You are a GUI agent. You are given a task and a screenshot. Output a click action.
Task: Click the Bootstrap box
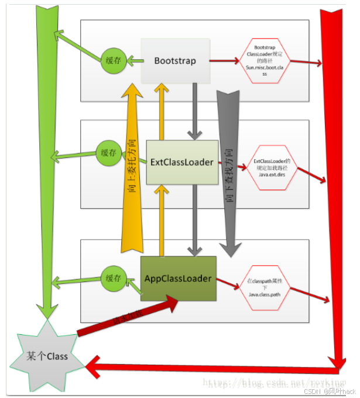tap(175, 61)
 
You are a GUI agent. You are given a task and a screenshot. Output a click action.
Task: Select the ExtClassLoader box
tap(182, 162)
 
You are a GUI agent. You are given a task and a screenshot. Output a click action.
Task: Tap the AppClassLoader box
tap(178, 278)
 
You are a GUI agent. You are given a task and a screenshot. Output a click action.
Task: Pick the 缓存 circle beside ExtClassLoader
tap(109, 153)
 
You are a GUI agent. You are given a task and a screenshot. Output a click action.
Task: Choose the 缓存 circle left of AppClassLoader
tap(113, 278)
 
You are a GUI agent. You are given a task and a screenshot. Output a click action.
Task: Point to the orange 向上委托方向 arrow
tap(133, 176)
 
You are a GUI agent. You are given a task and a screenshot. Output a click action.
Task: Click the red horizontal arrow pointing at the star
tap(211, 368)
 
